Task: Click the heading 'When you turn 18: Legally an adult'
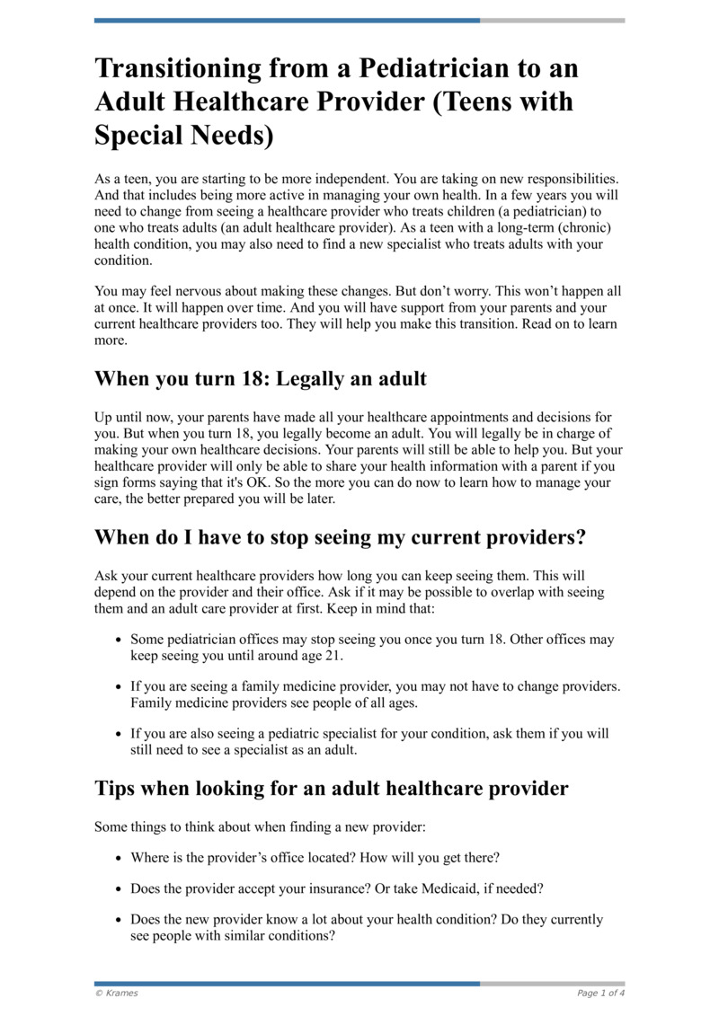point(261,379)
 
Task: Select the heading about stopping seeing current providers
point(340,537)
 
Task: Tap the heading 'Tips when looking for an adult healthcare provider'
point(332,789)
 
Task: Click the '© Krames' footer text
point(117,993)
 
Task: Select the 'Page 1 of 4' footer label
point(600,993)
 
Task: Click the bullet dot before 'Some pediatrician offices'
point(119,641)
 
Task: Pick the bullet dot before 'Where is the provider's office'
point(119,858)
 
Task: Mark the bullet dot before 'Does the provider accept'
point(119,889)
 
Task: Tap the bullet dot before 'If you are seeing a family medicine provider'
point(119,687)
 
